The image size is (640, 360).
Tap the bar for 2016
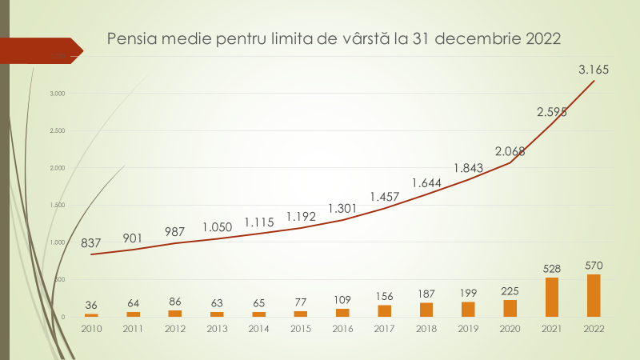(x=342, y=312)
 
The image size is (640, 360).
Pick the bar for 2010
(x=91, y=314)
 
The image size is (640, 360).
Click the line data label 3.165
(x=594, y=70)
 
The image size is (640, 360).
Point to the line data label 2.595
(x=552, y=112)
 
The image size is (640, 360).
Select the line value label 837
(x=91, y=243)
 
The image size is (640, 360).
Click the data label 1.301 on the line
(x=342, y=209)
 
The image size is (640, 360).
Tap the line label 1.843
(x=468, y=168)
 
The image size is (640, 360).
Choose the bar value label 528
(x=552, y=268)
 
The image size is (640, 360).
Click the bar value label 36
(x=91, y=304)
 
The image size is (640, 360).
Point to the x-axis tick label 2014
(x=258, y=328)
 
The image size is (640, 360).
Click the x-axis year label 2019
(x=468, y=328)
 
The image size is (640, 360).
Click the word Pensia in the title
(x=130, y=38)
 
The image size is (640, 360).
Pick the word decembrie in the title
(x=479, y=38)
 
